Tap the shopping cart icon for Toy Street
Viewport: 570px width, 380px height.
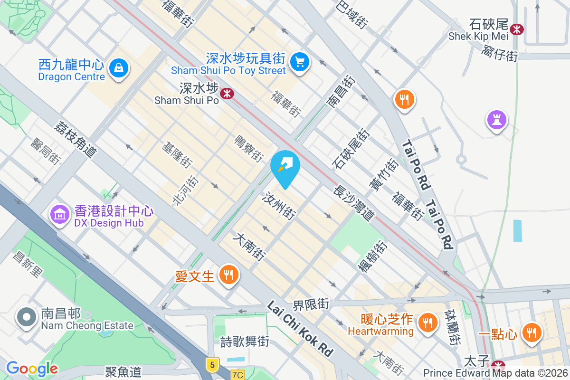point(300,62)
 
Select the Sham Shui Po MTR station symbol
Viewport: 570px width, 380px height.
point(227,93)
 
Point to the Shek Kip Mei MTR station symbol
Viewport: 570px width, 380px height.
point(516,29)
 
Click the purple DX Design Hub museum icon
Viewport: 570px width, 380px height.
point(59,215)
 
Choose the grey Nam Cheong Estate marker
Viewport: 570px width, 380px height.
point(26,317)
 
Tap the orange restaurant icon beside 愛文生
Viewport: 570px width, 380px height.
point(229,275)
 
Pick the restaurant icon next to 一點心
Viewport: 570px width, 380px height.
point(531,332)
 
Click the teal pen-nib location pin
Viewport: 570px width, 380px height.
point(285,166)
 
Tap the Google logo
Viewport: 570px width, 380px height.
point(32,368)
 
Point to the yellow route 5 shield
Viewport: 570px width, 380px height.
point(212,364)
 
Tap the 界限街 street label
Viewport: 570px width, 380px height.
point(311,303)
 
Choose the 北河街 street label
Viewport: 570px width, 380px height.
point(185,190)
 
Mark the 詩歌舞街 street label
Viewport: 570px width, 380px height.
point(245,341)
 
